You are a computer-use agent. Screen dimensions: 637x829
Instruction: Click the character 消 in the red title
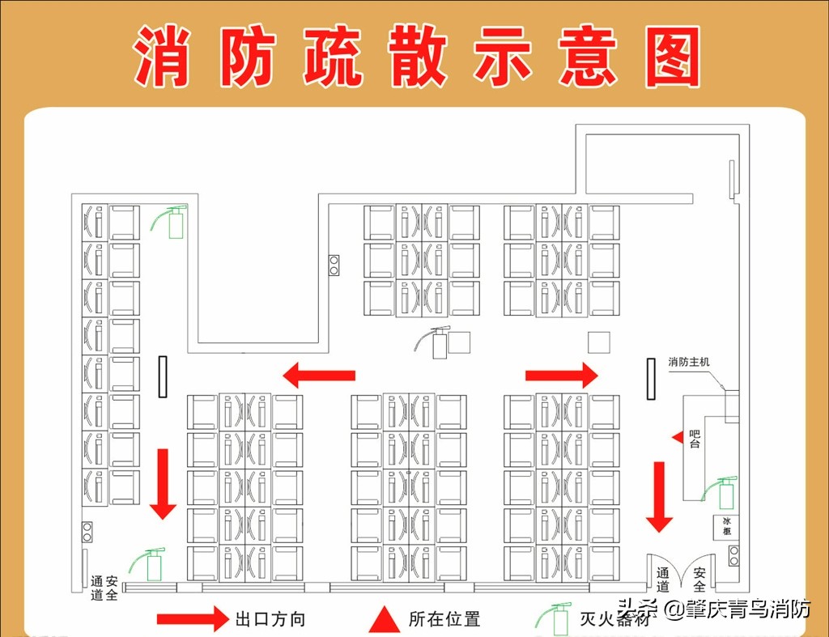tap(163, 57)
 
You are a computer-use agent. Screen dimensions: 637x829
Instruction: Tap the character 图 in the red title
tap(673, 57)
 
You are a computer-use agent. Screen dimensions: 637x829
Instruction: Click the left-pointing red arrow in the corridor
tap(319, 375)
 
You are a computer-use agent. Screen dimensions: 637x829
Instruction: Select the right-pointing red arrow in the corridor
tap(562, 375)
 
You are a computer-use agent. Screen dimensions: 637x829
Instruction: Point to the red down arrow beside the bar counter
tap(660, 496)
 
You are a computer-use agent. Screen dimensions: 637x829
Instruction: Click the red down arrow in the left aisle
tap(164, 483)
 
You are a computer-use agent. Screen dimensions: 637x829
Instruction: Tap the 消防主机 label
tap(688, 362)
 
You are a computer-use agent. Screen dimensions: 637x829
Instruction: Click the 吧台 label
tap(694, 440)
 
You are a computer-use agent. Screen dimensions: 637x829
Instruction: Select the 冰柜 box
tap(727, 525)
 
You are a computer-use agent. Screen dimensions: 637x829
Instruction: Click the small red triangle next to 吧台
tap(678, 437)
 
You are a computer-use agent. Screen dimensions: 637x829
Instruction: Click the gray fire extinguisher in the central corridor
tap(436, 342)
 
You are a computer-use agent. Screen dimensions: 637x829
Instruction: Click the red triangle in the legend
tap(385, 619)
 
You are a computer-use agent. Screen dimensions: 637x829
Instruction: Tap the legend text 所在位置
tap(444, 620)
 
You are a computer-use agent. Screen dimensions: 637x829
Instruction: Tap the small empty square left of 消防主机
tap(598, 342)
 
